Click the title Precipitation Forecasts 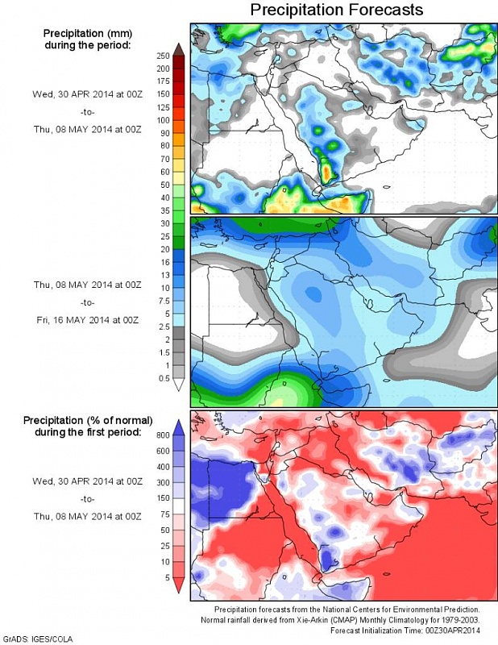pos(336,10)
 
